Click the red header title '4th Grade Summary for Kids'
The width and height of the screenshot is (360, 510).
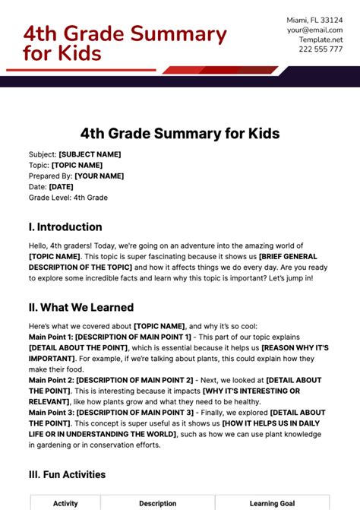(x=125, y=43)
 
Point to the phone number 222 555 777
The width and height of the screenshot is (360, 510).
(x=320, y=49)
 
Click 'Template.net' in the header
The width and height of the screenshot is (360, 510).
(x=320, y=39)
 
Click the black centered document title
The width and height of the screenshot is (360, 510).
(x=180, y=134)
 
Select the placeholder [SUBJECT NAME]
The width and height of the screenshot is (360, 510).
(x=90, y=154)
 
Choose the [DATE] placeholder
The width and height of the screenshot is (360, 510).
(x=61, y=186)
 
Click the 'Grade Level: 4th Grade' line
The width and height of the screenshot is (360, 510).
(x=68, y=198)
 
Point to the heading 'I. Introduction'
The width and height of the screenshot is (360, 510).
(x=65, y=226)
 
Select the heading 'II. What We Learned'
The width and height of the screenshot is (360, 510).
(x=81, y=307)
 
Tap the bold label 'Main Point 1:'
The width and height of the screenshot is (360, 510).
(x=51, y=337)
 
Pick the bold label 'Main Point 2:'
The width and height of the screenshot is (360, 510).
(x=51, y=380)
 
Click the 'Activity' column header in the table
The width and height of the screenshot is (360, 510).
(x=65, y=503)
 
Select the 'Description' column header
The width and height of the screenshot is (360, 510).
(x=157, y=503)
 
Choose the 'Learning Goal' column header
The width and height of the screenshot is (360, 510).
(x=271, y=503)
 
